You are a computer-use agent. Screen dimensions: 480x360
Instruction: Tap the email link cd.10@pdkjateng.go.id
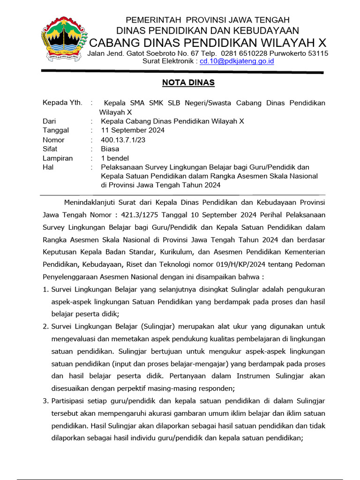click(237, 61)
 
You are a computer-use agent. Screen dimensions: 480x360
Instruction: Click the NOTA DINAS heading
click(188, 83)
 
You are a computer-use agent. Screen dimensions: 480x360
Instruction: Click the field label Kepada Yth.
click(62, 103)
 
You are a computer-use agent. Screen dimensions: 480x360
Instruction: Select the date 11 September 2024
click(133, 130)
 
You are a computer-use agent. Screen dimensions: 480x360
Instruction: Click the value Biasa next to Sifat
click(110, 149)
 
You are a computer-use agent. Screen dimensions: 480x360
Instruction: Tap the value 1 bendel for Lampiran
click(115, 158)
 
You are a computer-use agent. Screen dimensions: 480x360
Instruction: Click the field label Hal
click(48, 167)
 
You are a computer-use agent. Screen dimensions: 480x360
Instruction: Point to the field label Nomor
click(53, 140)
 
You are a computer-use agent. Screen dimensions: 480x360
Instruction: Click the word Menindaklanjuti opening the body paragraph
click(95, 202)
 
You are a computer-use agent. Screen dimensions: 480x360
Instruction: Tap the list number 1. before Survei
click(45, 289)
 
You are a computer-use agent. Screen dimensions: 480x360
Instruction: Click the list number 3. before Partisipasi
click(45, 401)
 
